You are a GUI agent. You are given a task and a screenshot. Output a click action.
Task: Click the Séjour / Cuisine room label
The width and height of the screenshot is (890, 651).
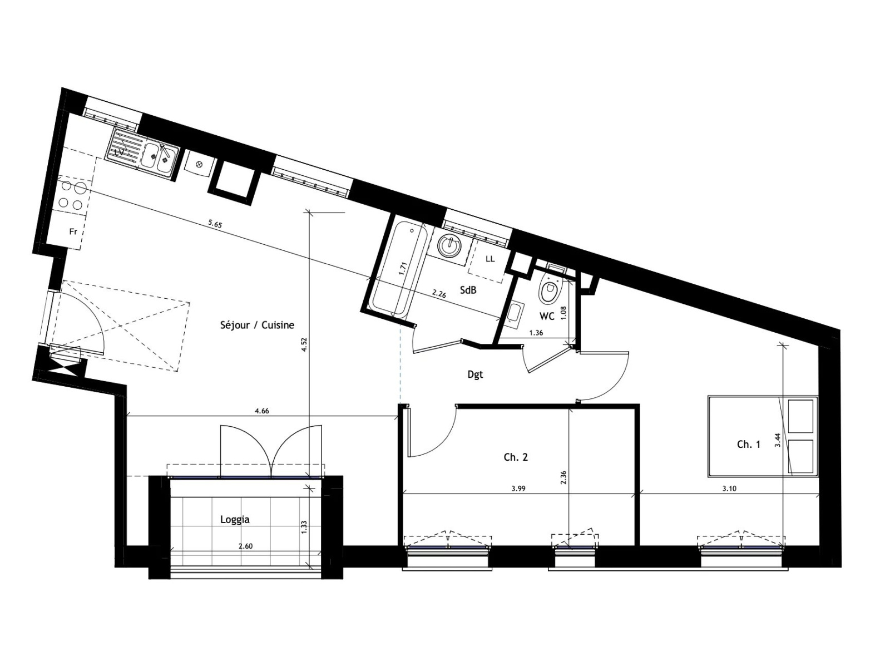tap(257, 325)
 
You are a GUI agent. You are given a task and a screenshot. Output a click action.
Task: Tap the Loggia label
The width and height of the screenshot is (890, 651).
tap(235, 520)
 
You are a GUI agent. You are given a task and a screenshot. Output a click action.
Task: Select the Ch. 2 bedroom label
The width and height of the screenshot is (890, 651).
tap(516, 457)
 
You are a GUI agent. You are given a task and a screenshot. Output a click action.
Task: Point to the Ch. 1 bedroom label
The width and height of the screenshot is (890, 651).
tap(749, 445)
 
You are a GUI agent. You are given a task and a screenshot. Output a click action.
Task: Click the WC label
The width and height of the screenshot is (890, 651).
tap(547, 317)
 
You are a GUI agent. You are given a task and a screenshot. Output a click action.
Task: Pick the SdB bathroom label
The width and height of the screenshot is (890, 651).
tap(468, 290)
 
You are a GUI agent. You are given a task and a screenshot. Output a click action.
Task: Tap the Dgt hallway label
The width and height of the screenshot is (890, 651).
tap(475, 374)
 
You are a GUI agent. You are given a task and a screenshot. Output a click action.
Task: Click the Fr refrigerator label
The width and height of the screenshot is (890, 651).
tap(73, 231)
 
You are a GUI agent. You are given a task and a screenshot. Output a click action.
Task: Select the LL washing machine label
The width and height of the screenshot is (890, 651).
tap(490, 259)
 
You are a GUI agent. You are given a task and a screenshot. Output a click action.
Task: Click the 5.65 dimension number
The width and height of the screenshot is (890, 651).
tap(215, 224)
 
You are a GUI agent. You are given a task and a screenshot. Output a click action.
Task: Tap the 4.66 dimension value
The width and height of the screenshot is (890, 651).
tap(262, 411)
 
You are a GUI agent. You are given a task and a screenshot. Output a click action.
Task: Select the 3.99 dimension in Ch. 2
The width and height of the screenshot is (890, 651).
tap(518, 489)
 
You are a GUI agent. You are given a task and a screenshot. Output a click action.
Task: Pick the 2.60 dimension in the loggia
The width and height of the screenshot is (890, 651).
tap(245, 546)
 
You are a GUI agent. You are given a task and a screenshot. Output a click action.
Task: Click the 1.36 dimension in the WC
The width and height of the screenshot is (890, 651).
tap(536, 333)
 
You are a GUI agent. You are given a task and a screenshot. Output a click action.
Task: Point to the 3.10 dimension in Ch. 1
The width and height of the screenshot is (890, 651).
tap(729, 489)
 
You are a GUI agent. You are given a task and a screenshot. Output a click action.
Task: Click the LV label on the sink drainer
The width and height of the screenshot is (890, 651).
tap(119, 152)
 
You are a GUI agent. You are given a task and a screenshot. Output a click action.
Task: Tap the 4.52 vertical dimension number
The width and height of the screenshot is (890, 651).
tap(304, 344)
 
